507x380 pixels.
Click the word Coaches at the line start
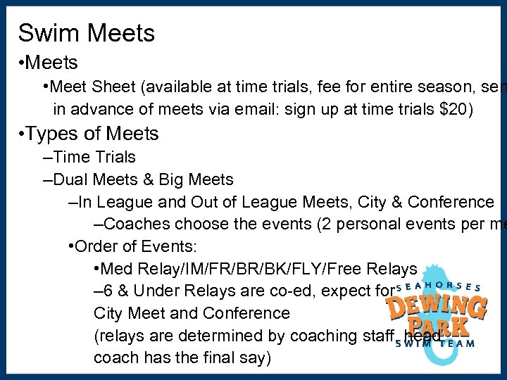tap(134, 224)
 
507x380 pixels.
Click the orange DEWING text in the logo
tap(436, 308)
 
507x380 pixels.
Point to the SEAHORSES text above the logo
tap(437, 287)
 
